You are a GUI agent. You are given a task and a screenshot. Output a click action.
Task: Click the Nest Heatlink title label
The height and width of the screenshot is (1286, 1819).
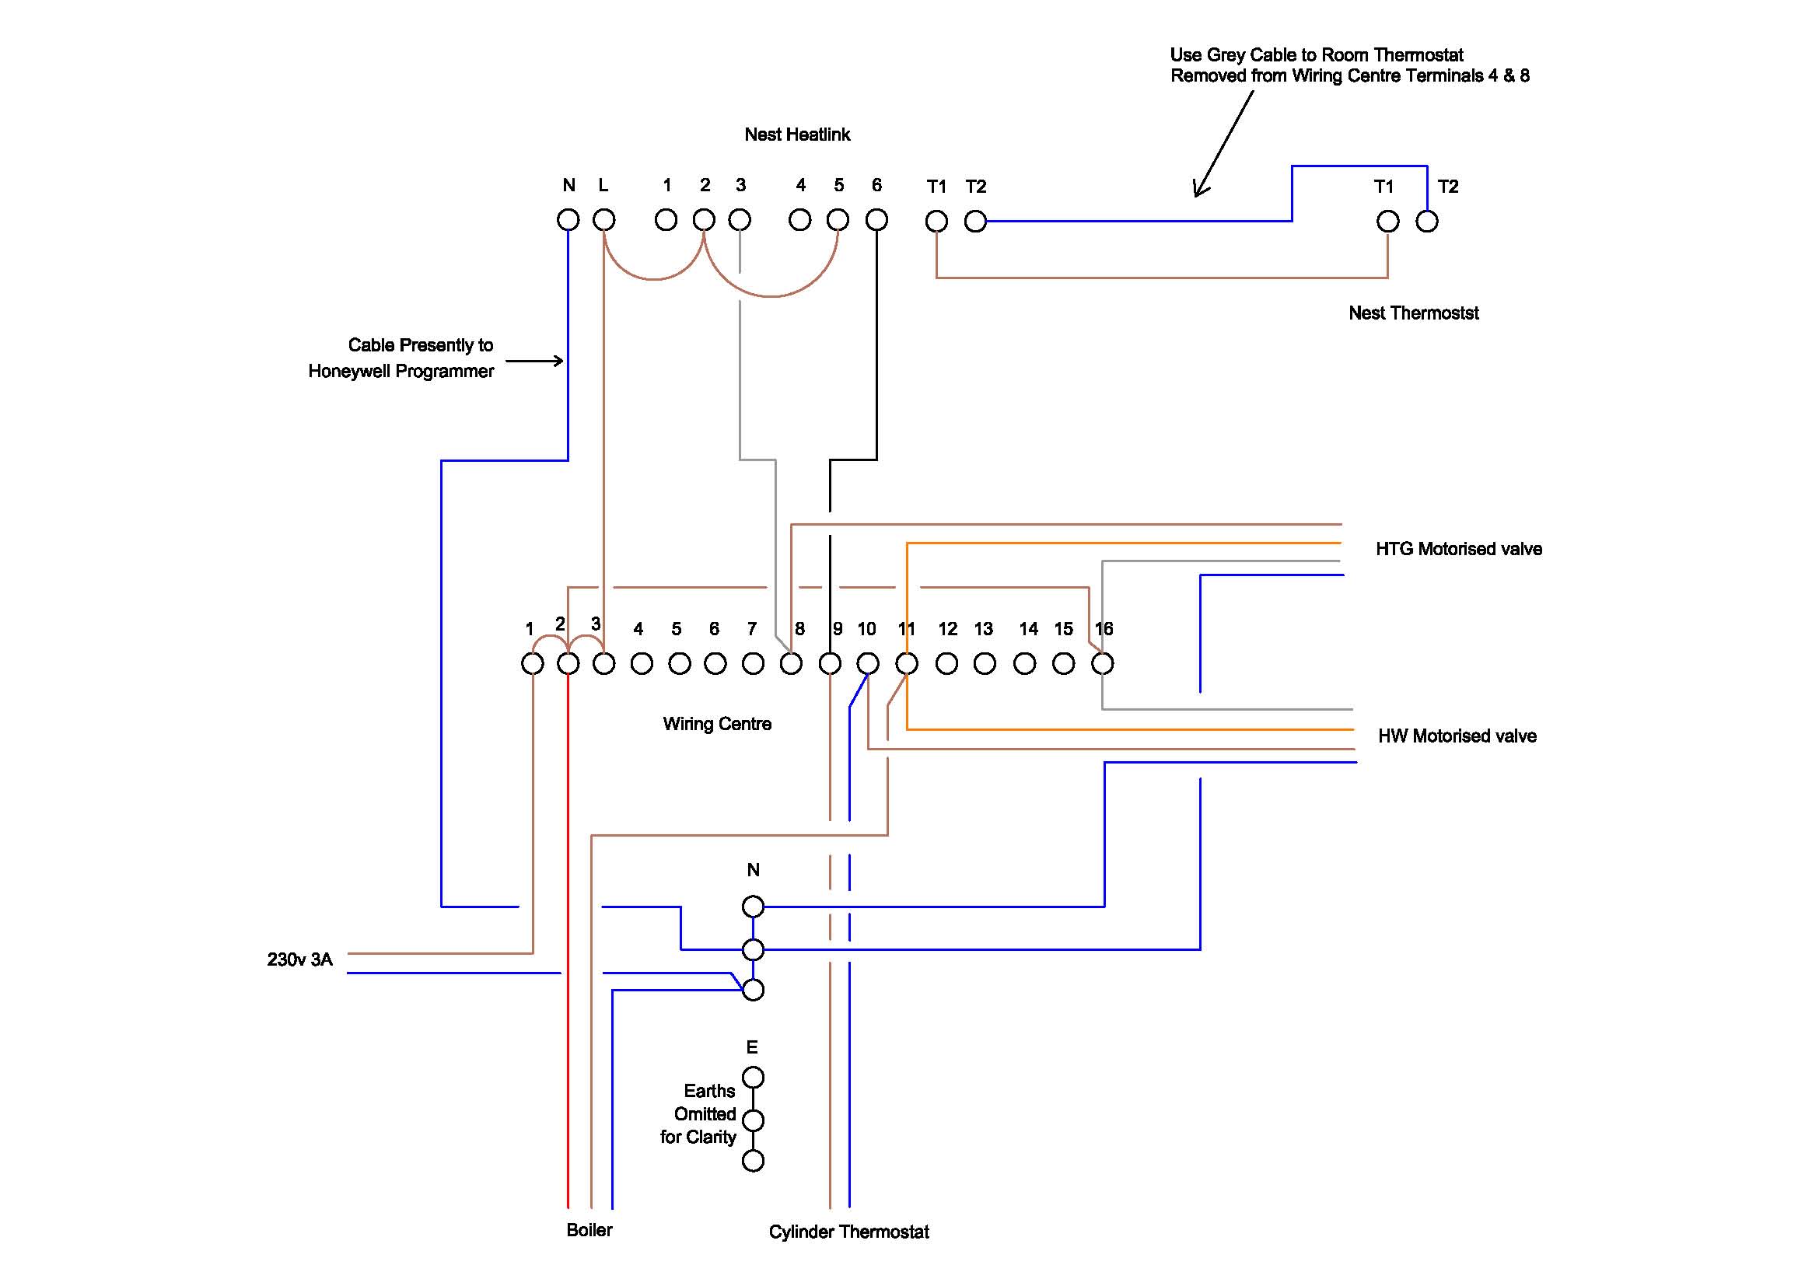click(x=797, y=135)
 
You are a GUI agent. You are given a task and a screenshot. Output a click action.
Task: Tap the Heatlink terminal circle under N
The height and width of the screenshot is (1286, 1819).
click(x=568, y=219)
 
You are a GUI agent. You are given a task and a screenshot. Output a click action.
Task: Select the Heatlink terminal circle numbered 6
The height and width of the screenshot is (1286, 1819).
click(x=876, y=219)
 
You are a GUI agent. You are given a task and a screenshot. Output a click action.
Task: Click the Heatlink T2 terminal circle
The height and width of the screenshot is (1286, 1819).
click(x=975, y=221)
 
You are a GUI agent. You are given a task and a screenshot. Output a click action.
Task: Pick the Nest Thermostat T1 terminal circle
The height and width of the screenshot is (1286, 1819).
click(x=1387, y=221)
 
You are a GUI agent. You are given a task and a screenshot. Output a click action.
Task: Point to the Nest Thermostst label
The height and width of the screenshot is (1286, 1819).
click(x=1413, y=313)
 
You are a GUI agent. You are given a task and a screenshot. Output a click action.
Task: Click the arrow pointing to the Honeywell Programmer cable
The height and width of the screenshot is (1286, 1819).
click(x=535, y=361)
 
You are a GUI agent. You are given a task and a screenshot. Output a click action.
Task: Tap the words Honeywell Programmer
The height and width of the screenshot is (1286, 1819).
click(x=401, y=371)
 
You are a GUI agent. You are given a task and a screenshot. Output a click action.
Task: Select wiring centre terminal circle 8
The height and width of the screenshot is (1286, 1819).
click(x=791, y=662)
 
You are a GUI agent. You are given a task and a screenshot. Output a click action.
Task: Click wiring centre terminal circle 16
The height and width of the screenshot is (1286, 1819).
click(x=1102, y=662)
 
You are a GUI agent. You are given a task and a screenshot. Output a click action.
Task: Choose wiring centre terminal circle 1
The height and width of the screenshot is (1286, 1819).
click(x=533, y=662)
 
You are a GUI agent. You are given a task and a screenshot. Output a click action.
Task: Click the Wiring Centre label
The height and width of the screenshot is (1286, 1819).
click(x=717, y=724)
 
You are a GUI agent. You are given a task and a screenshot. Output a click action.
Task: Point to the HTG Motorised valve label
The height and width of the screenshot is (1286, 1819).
click(x=1458, y=549)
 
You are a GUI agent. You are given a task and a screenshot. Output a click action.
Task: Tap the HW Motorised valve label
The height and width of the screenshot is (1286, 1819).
click(x=1457, y=736)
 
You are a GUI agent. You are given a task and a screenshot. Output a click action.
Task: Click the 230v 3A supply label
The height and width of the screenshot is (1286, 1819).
click(x=299, y=959)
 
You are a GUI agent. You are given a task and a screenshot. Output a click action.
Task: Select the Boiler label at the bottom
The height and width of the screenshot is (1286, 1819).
click(x=589, y=1230)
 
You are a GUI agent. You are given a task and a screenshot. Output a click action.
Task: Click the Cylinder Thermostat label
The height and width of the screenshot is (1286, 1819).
click(x=848, y=1232)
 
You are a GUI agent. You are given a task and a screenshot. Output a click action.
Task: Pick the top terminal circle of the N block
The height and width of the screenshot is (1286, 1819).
click(x=753, y=906)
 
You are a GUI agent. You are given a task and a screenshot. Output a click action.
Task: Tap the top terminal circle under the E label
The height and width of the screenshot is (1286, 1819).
click(x=753, y=1077)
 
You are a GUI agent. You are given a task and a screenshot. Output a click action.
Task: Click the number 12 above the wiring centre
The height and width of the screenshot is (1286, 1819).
click(x=947, y=629)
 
